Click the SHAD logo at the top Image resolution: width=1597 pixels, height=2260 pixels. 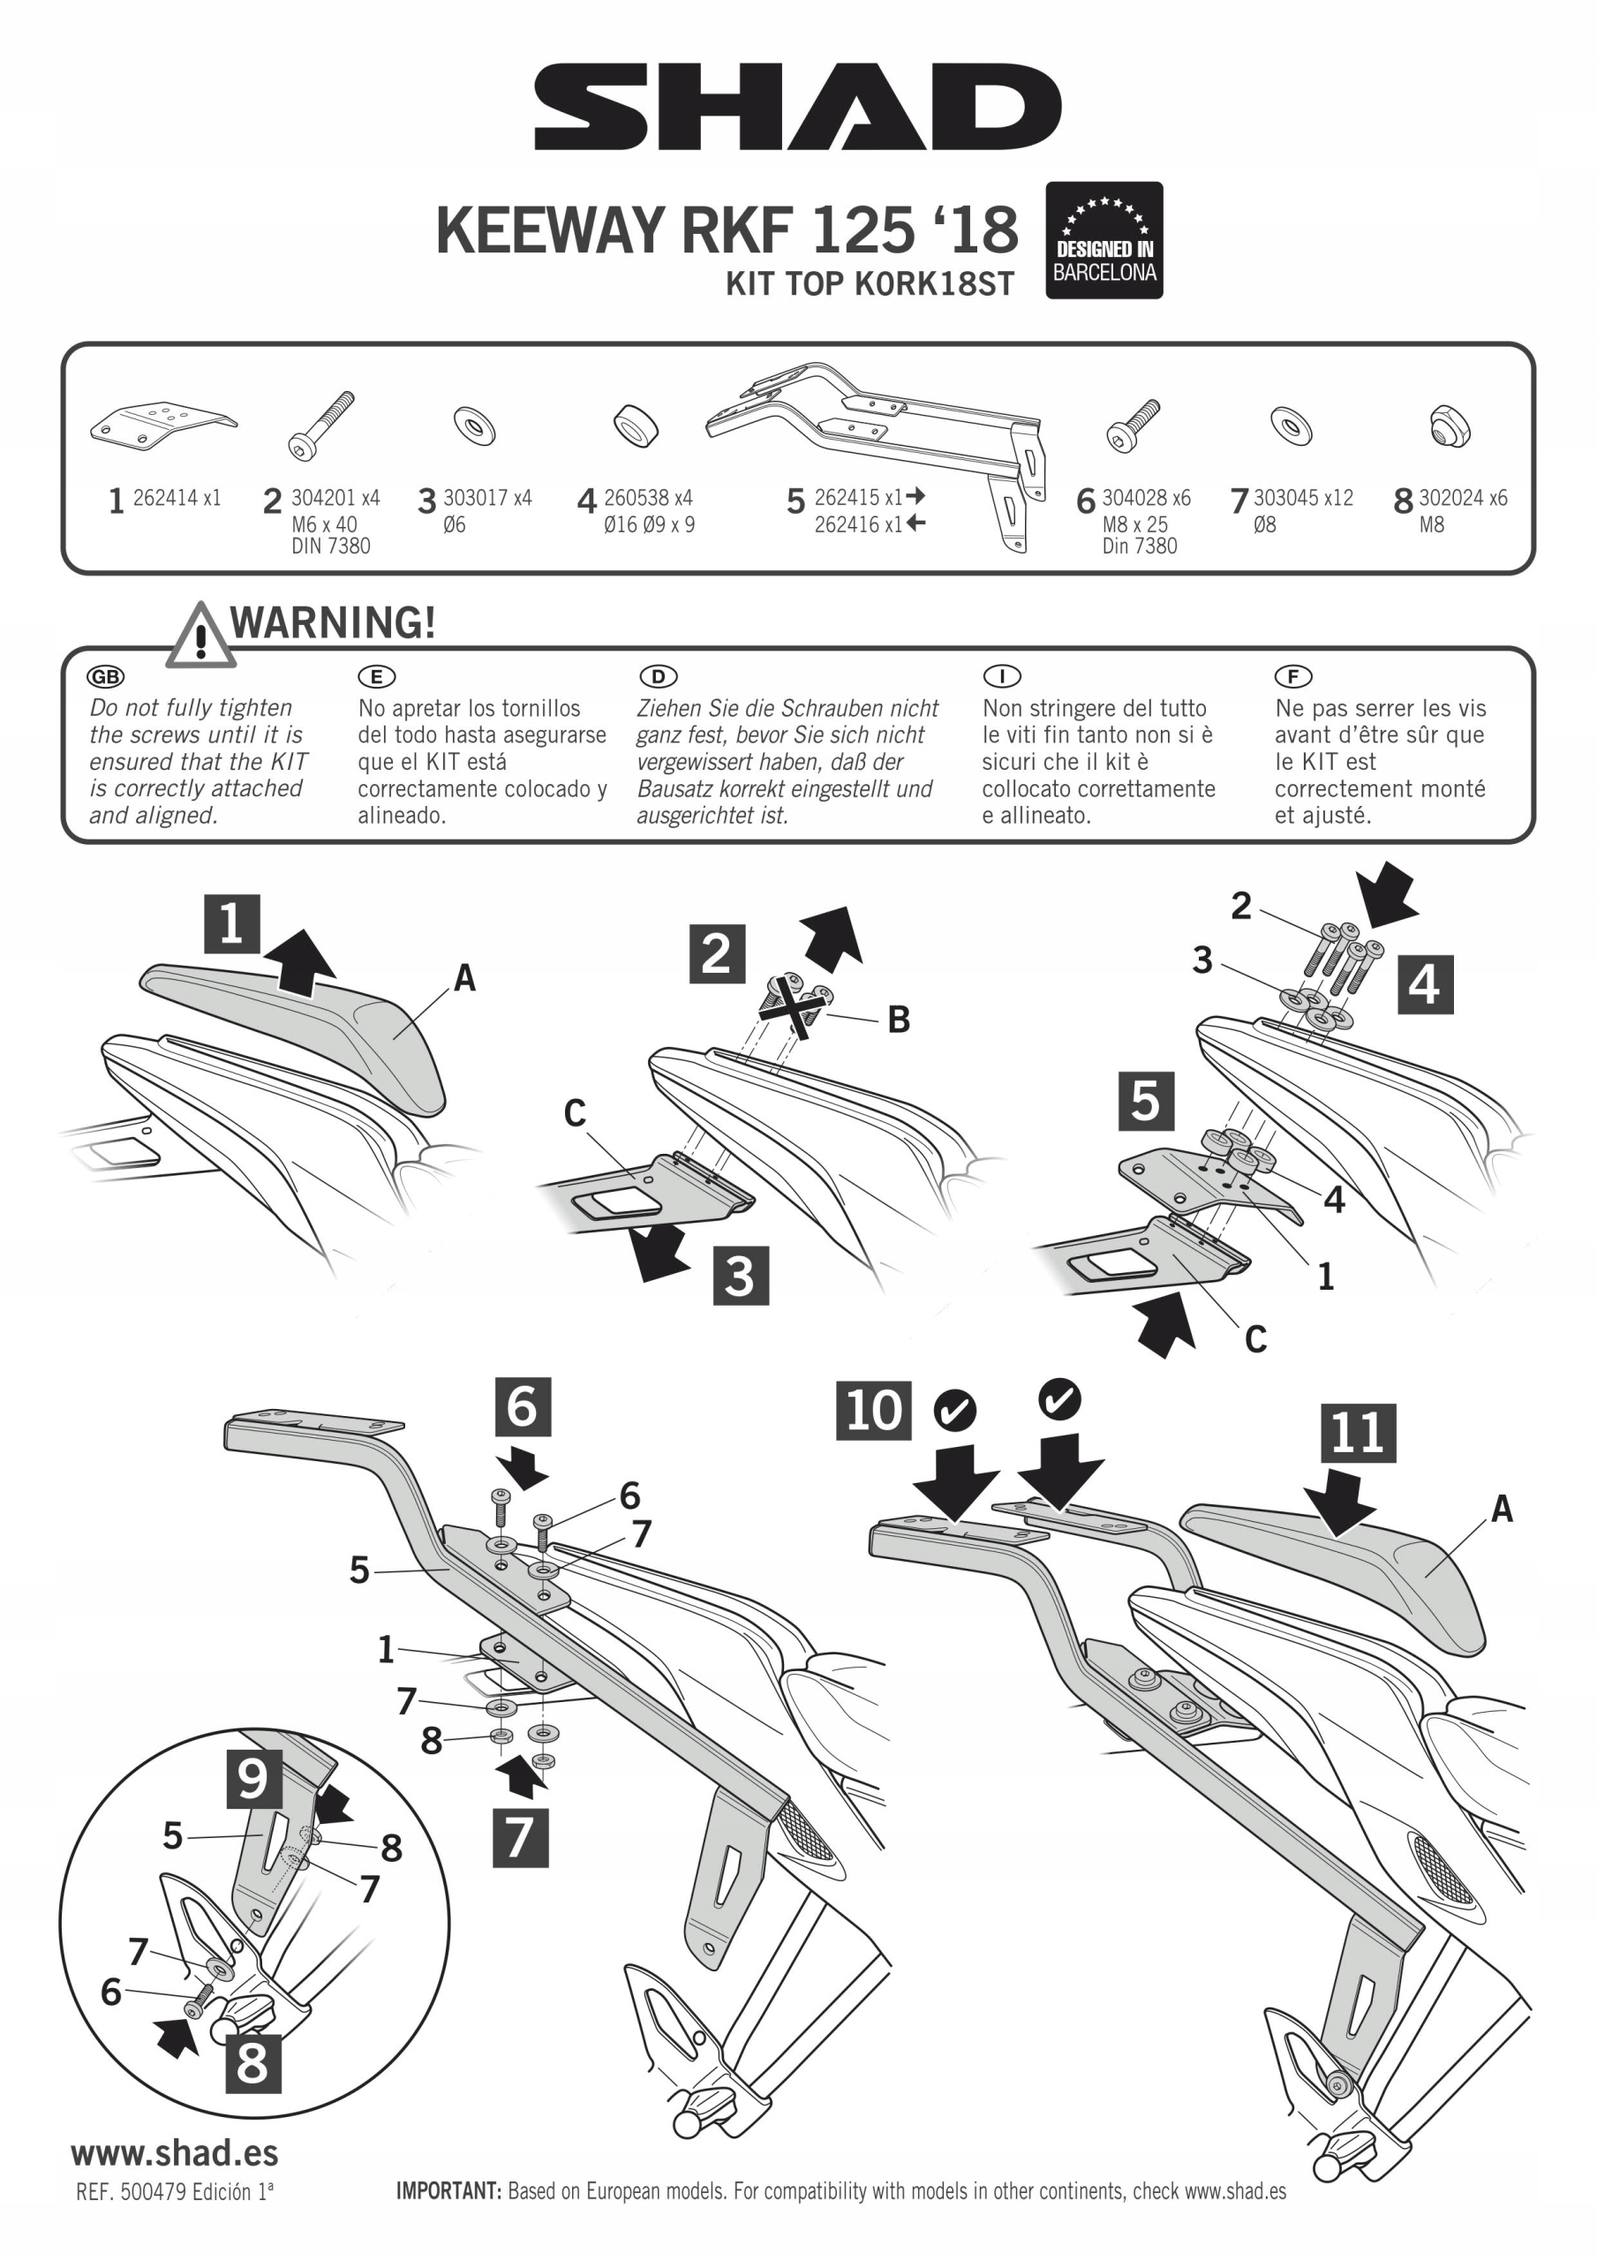(797, 108)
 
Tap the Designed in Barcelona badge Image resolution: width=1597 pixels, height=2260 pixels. (1104, 240)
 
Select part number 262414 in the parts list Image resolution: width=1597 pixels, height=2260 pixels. (164, 498)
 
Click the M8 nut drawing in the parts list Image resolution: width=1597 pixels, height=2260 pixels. (1450, 426)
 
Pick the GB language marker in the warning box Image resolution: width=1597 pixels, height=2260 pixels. (105, 676)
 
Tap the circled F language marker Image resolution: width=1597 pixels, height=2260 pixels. (1292, 676)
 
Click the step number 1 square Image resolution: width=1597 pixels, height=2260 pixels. (231, 924)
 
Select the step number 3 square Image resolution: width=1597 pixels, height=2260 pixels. (740, 1276)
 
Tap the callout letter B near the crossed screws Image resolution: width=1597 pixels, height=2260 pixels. (898, 1020)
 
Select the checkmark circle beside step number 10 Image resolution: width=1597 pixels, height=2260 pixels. (954, 1412)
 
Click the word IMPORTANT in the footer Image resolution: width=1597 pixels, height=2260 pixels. (448, 2191)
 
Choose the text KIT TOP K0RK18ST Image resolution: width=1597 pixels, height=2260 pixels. (870, 283)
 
